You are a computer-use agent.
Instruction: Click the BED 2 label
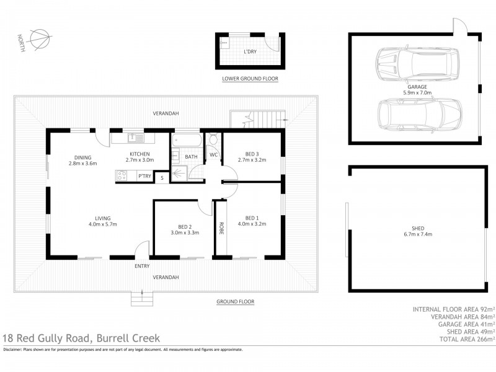(179, 227)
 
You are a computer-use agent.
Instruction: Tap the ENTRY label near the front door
(142, 266)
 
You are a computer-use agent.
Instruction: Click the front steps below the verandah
(142, 299)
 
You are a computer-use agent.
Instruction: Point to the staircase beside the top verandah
(257, 118)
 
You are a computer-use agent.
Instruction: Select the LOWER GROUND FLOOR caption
(250, 79)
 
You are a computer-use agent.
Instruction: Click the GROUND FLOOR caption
(235, 301)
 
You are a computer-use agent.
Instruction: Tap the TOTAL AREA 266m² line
(453, 339)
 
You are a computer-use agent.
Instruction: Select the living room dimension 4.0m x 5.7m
(102, 224)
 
